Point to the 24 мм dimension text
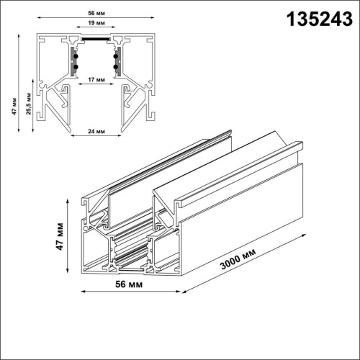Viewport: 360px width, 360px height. point(94,132)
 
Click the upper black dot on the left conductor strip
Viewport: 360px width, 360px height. point(73,53)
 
